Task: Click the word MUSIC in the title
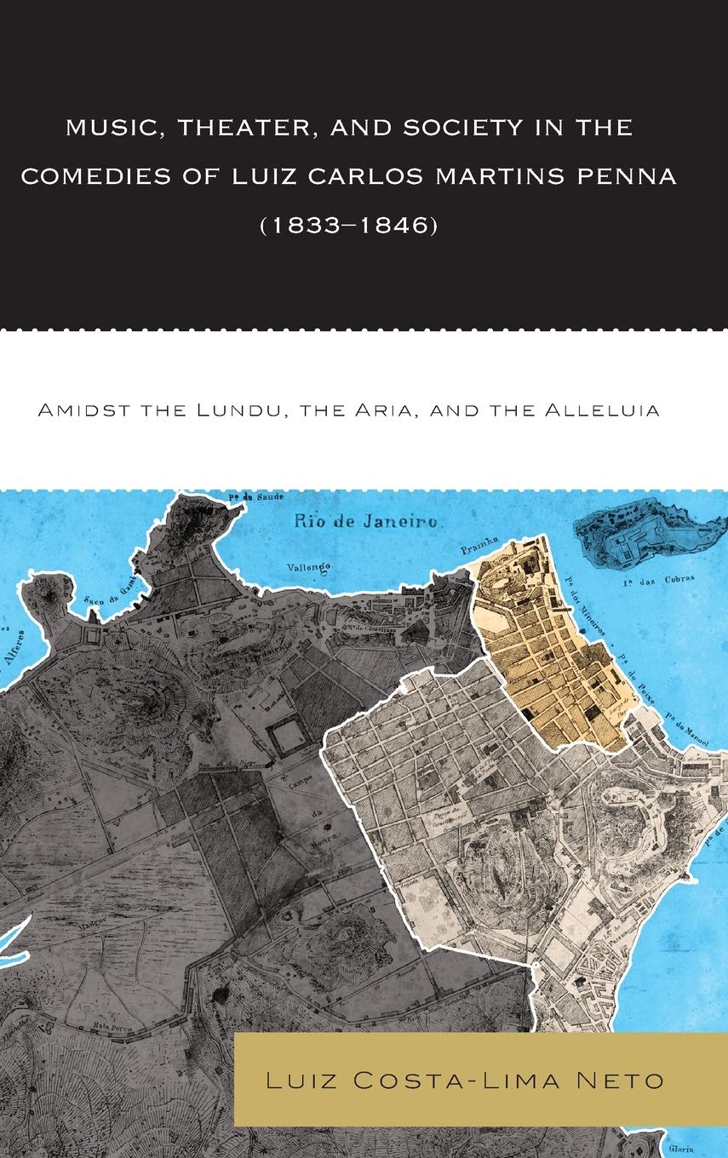[x=106, y=129]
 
